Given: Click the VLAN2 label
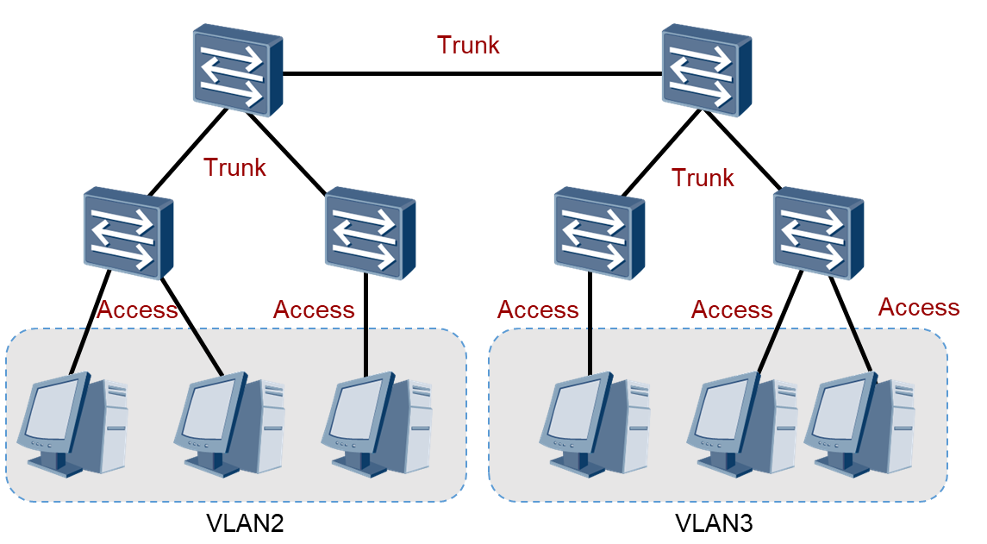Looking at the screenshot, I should (245, 522).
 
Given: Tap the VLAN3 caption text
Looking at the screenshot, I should (714, 522).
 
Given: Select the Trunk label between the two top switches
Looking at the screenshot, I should (468, 45).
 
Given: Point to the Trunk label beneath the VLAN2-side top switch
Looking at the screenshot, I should (234, 167).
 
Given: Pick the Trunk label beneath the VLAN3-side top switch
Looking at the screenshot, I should (703, 178).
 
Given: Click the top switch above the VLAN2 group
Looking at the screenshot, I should (238, 72).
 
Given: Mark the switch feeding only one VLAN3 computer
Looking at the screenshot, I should (599, 233).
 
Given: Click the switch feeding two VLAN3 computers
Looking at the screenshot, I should (818, 233).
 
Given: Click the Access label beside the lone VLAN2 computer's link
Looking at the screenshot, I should (314, 310).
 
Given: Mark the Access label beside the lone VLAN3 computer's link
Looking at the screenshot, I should (538, 310).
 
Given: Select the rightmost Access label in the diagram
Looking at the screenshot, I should (918, 307).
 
